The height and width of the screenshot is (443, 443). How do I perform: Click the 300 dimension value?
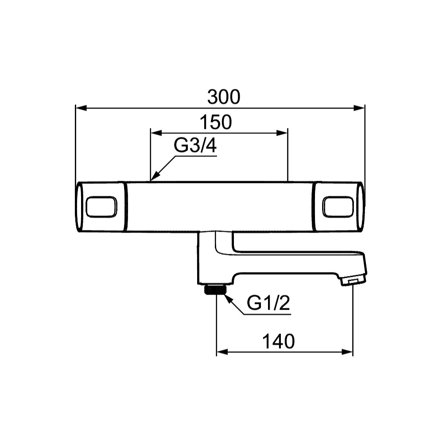point(224,97)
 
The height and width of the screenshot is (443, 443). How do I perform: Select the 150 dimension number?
point(216,122)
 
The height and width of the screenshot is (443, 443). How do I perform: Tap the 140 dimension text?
point(279,341)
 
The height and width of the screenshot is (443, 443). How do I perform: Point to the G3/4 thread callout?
point(195,145)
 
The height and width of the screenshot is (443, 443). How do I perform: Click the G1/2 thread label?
point(268,303)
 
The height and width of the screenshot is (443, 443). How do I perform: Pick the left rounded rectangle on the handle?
point(101,207)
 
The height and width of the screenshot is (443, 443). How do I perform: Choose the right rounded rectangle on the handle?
point(338,207)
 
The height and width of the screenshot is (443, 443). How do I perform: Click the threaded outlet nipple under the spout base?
point(215,289)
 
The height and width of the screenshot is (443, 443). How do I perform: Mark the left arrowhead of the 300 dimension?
point(81,108)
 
